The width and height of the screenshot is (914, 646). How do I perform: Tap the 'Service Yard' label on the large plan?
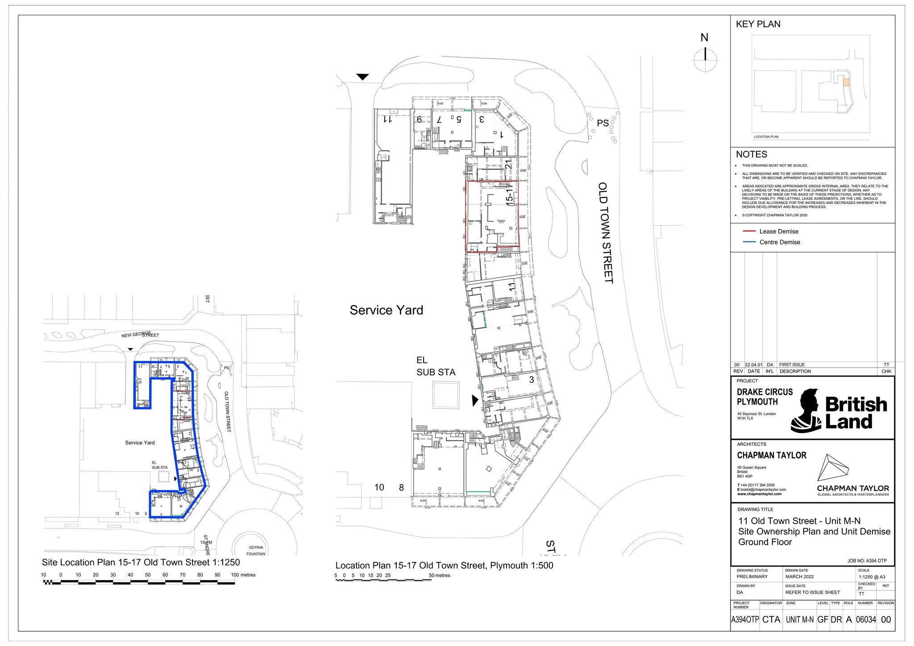pyautogui.click(x=386, y=310)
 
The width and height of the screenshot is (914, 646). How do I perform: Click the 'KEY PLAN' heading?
pyautogui.click(x=758, y=24)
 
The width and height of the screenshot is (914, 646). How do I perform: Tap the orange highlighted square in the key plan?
pyautogui.click(x=846, y=82)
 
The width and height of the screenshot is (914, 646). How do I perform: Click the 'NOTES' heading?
pyautogui.click(x=752, y=154)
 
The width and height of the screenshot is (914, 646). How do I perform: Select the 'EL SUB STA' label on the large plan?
pyautogui.click(x=436, y=366)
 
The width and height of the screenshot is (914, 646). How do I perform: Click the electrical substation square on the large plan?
pyautogui.click(x=445, y=395)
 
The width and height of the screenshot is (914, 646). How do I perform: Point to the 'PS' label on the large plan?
pyautogui.click(x=602, y=123)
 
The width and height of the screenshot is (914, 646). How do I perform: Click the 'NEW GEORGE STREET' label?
pyautogui.click(x=140, y=335)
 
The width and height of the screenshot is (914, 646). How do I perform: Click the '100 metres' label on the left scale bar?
pyautogui.click(x=243, y=575)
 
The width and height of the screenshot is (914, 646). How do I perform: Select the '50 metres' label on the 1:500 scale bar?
pyautogui.click(x=439, y=576)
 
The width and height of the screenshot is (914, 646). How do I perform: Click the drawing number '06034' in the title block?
pyautogui.click(x=866, y=619)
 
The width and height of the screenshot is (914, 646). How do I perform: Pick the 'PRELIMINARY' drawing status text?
pyautogui.click(x=752, y=576)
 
